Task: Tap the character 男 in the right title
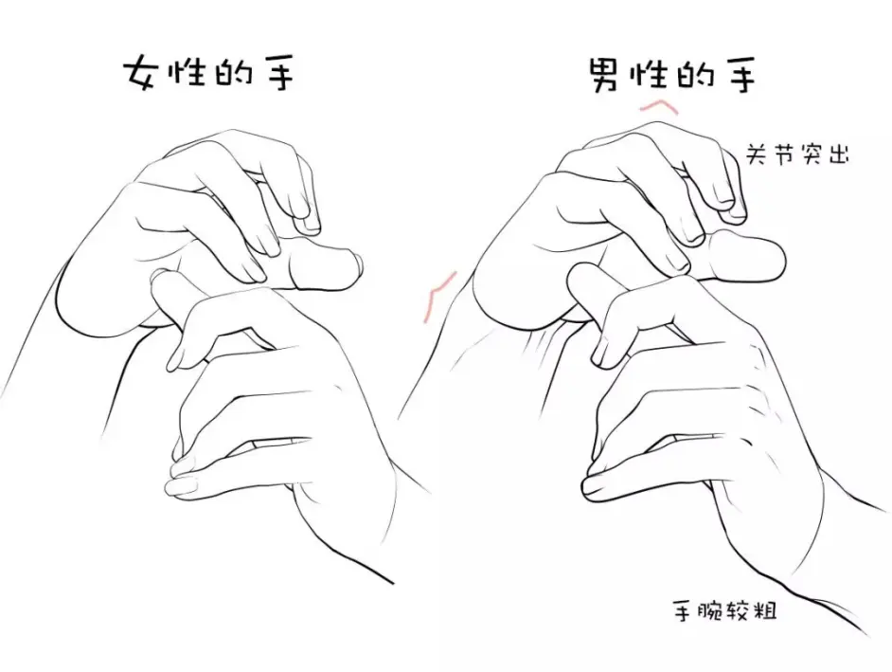[603, 75]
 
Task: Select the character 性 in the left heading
[187, 71]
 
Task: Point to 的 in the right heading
[694, 75]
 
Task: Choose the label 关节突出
[797, 154]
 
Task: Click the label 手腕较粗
[724, 611]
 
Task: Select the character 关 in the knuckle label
[758, 154]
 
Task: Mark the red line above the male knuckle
[659, 106]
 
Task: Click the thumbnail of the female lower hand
[181, 486]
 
